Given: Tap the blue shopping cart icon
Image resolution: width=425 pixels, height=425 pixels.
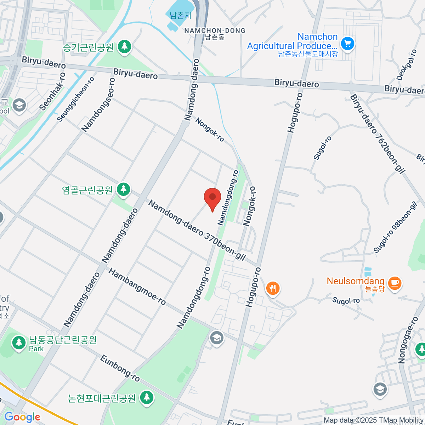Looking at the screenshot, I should [x=347, y=44].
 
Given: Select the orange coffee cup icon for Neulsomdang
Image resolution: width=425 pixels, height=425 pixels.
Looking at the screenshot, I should [x=395, y=283].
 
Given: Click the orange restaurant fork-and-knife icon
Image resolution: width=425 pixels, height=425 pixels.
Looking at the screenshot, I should [x=272, y=288].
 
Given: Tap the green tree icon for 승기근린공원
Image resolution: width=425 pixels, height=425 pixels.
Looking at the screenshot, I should [x=124, y=47].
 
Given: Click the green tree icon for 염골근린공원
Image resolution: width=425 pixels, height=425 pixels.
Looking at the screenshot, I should [x=123, y=189].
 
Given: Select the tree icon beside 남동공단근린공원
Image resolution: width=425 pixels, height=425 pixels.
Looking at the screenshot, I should [x=18, y=342].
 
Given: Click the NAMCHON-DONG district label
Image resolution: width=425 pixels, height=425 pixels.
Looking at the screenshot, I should [x=215, y=31].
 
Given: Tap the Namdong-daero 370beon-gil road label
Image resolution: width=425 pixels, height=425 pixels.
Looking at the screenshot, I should [x=197, y=231].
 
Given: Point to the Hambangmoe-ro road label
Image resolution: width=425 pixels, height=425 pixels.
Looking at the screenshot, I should [x=137, y=287].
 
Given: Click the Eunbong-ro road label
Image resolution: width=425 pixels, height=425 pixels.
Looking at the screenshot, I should [x=120, y=368].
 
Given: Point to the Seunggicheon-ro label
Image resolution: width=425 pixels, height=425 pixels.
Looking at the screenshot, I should [x=76, y=99].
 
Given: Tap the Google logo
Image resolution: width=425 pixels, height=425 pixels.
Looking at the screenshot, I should [x=22, y=417].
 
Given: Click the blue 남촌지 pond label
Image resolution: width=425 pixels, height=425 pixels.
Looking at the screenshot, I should [x=180, y=15].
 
